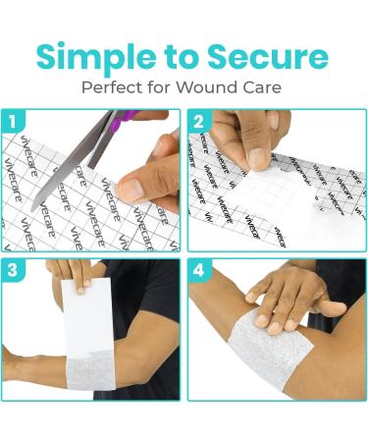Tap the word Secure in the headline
(x=268, y=56)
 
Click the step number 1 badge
(x=13, y=122)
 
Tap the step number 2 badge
(x=199, y=122)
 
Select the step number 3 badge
(x=13, y=271)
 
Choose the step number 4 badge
(x=199, y=271)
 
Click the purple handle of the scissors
(x=125, y=119)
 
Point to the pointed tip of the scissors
(x=32, y=209)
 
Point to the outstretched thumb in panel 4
(x=331, y=307)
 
